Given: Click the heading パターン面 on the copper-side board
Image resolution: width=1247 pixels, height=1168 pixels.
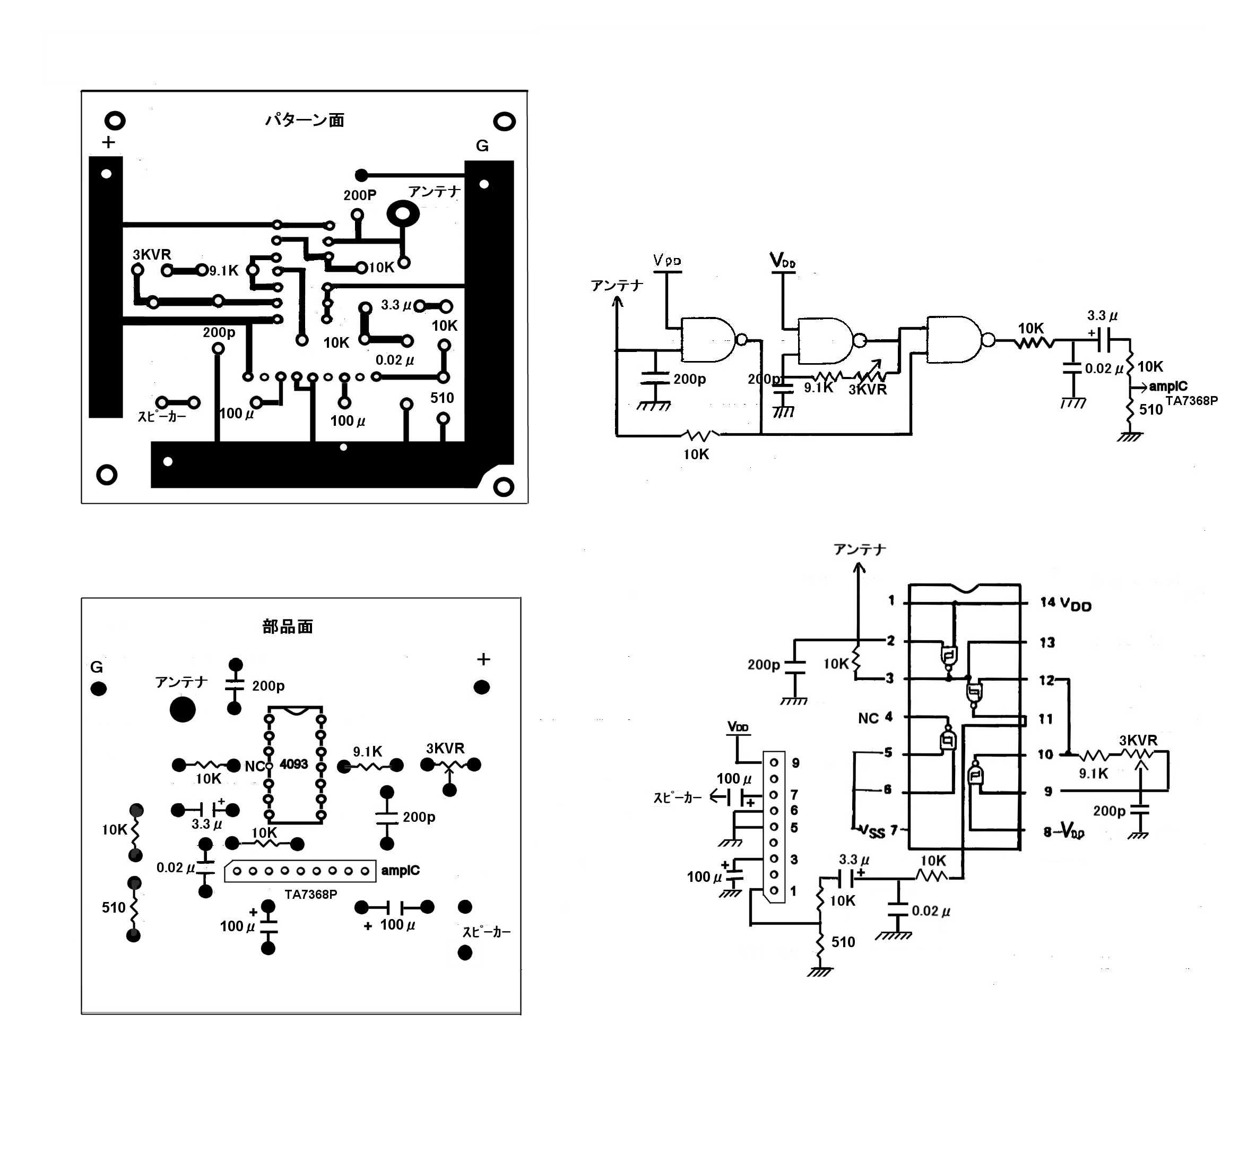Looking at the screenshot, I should (x=304, y=119).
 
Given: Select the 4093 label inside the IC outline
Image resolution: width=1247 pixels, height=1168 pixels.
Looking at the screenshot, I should (x=293, y=764).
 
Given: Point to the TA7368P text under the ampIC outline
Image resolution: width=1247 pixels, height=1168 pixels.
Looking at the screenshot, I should (x=310, y=894).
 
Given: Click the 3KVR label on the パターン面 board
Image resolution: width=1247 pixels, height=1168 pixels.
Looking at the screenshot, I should (x=152, y=254).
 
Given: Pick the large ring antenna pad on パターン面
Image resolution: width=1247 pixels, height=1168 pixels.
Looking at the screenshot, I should (x=403, y=214).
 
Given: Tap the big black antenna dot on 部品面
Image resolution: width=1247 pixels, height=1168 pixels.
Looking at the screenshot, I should (x=183, y=709).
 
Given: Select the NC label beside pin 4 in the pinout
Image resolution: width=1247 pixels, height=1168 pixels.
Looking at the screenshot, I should (x=868, y=718).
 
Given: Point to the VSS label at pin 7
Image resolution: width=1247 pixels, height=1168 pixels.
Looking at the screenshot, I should (x=871, y=831).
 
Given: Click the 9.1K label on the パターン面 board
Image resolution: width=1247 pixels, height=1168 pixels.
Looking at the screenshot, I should (x=224, y=271).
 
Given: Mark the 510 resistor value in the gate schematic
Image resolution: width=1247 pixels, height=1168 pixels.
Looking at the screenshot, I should (x=1151, y=409).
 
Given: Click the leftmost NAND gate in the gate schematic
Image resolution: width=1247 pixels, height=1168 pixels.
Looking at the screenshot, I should (x=708, y=340).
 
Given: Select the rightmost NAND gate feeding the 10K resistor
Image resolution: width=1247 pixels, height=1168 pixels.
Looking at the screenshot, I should (x=954, y=340).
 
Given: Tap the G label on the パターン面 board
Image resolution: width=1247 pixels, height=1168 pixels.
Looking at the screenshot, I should (x=482, y=145).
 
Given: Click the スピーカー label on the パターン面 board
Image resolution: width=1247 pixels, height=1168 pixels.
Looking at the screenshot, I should (x=162, y=416).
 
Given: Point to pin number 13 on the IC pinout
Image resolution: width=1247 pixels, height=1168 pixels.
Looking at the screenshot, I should (x=1047, y=642).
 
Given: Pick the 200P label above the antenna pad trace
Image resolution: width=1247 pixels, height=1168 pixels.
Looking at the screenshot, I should (x=359, y=195).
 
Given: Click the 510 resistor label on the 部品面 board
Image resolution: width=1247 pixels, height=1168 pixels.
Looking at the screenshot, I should (x=114, y=907).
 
